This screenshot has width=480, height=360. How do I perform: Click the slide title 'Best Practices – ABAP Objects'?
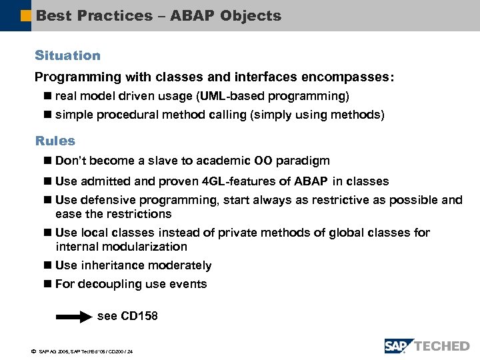pos(159,15)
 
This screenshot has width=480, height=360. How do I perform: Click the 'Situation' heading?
pos(67,55)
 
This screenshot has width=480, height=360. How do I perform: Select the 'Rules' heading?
pos(55,141)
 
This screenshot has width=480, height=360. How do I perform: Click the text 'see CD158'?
pos(127,316)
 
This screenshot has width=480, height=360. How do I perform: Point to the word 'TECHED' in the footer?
pos(442,346)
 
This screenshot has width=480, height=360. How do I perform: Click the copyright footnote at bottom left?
pos(81,351)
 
